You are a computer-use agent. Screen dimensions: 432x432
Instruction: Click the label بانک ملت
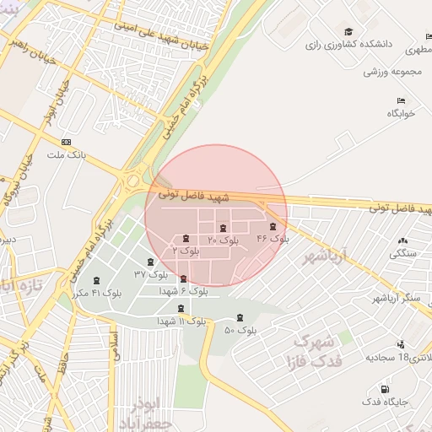tap(67, 154)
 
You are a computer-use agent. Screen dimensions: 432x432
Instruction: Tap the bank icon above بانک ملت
tap(67, 142)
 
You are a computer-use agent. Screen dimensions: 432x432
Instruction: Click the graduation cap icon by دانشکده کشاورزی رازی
tap(348, 31)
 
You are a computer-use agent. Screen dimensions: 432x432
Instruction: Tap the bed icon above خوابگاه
tap(401, 101)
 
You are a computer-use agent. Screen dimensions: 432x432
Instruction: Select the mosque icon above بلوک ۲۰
tap(222, 229)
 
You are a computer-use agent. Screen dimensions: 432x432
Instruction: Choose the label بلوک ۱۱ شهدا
tap(181, 321)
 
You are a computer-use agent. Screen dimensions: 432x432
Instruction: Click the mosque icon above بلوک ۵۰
tap(241, 318)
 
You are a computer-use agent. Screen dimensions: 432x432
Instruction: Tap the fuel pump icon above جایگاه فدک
tap(386, 390)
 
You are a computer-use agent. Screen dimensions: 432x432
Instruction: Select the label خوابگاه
tap(402, 115)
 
